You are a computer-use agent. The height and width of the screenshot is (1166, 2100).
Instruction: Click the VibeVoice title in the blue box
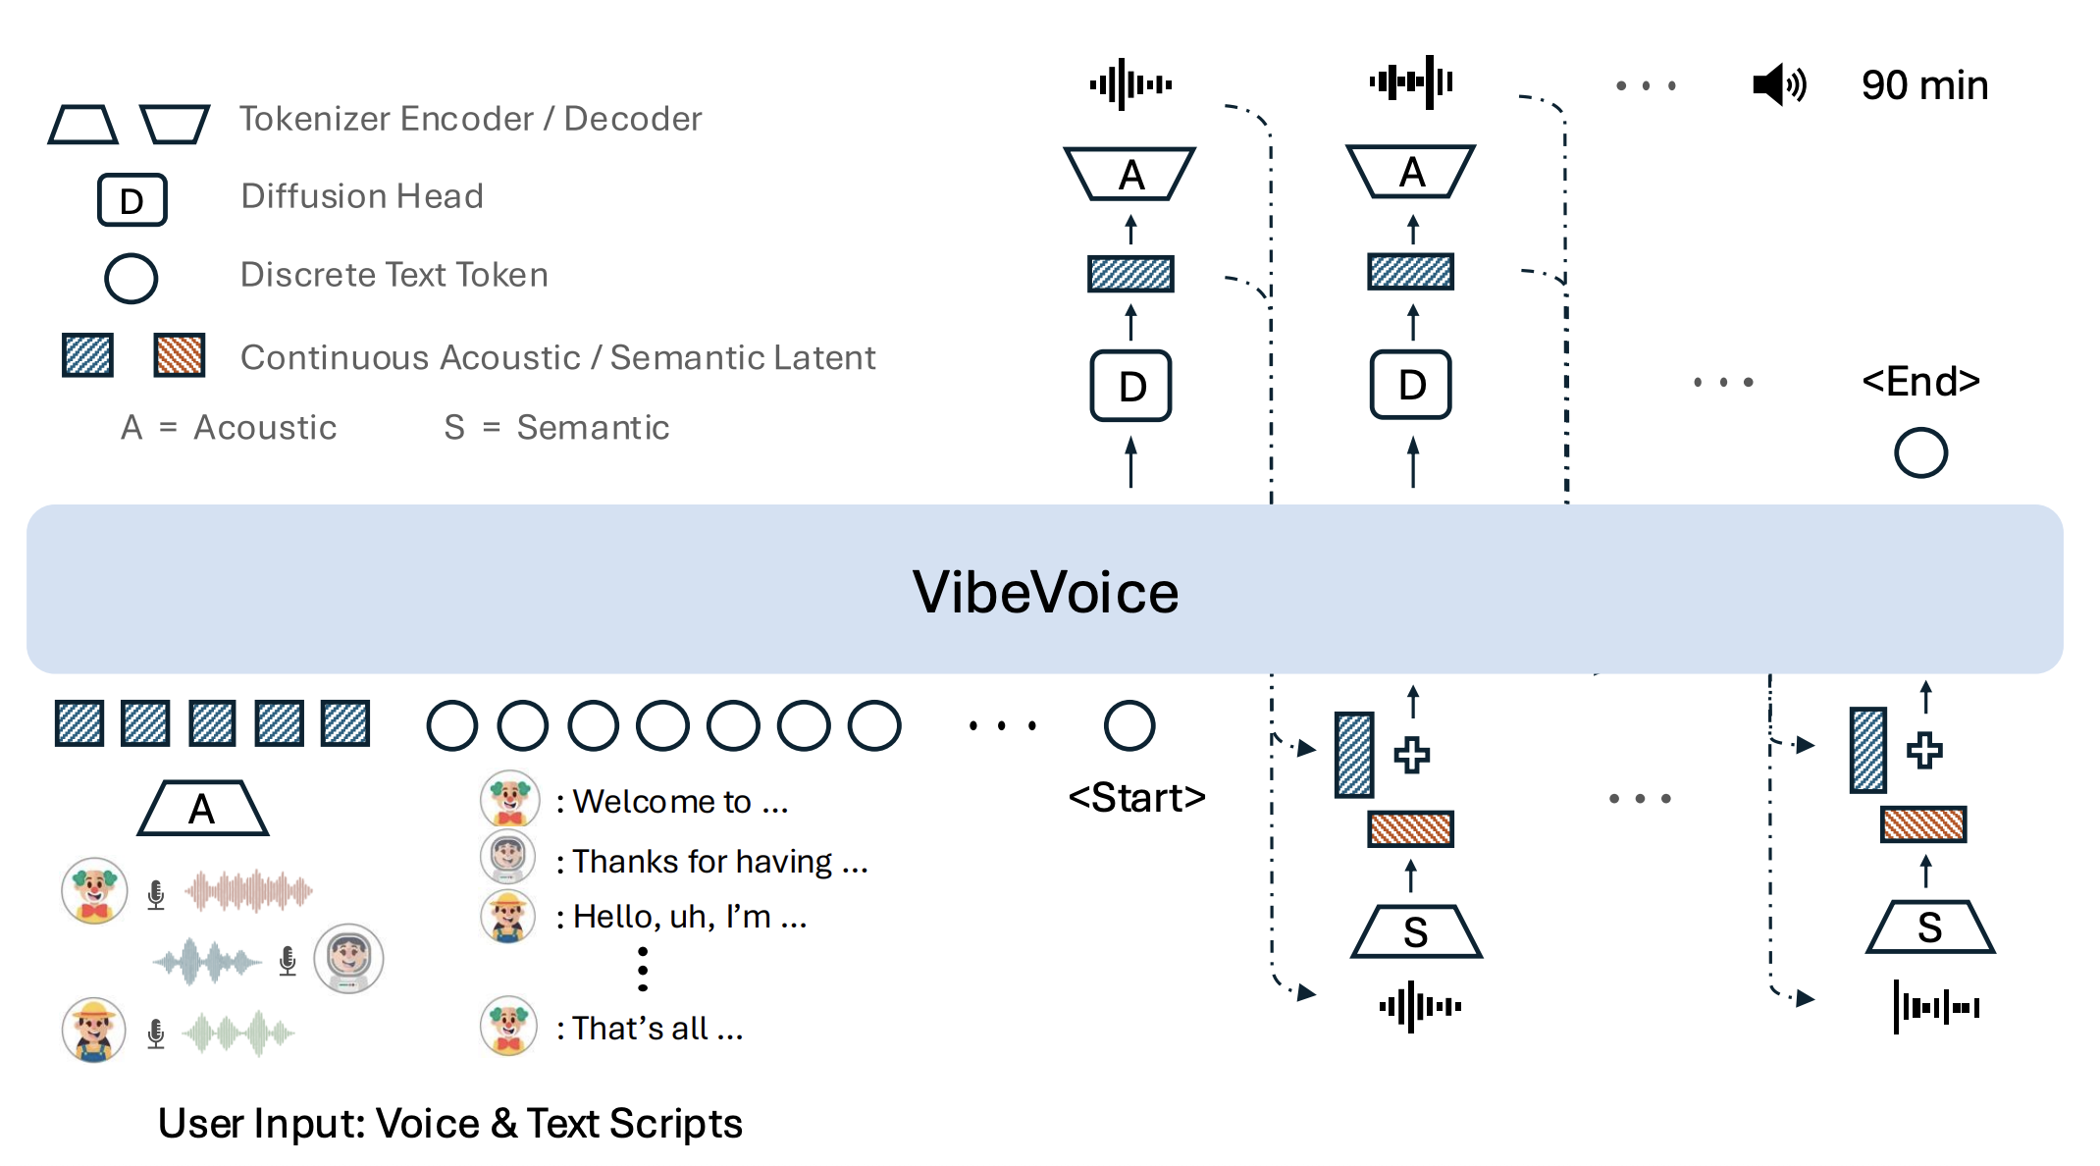[x=1045, y=592]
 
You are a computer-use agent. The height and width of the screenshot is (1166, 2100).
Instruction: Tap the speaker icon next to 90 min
[x=1777, y=85]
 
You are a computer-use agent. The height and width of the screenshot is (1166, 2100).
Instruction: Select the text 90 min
[x=1924, y=85]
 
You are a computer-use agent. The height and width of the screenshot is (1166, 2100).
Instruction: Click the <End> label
[x=1920, y=381]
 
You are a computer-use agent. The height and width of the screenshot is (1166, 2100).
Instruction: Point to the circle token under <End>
[x=1920, y=453]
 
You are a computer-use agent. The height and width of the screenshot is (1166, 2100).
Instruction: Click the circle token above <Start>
[x=1129, y=726]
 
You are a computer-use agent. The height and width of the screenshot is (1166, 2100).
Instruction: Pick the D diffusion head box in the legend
[x=132, y=200]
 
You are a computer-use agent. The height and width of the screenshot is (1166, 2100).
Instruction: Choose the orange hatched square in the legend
[x=180, y=355]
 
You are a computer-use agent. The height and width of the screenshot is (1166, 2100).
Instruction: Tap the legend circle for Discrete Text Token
[x=131, y=279]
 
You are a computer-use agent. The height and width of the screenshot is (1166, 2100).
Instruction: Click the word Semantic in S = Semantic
[x=593, y=428]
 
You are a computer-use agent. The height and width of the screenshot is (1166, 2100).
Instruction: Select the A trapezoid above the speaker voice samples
[x=202, y=809]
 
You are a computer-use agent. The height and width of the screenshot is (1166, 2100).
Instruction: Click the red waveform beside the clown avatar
[x=249, y=890]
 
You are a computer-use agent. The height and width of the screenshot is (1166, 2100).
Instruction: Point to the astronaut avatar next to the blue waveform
[x=348, y=958]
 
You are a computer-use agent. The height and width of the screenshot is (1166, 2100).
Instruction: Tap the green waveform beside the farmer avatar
[x=239, y=1033]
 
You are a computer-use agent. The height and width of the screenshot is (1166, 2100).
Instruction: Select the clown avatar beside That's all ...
[x=508, y=1026]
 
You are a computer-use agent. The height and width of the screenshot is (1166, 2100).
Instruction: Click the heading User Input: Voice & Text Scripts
[x=449, y=1124]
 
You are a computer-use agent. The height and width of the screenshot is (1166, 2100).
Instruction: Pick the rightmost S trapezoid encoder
[x=1929, y=927]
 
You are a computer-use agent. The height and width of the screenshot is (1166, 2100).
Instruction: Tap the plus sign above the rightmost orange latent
[x=1923, y=751]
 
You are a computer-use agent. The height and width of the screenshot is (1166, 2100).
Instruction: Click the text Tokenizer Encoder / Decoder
[x=471, y=119]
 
